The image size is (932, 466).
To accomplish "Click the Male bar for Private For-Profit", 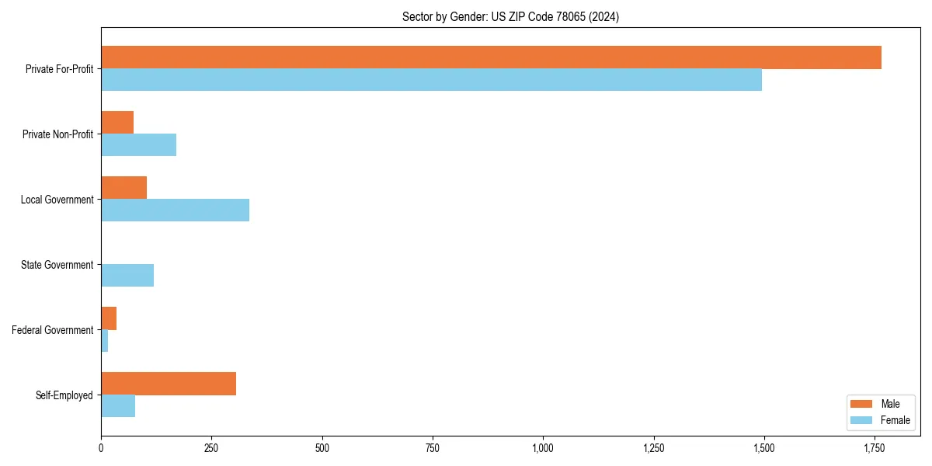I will point(491,57).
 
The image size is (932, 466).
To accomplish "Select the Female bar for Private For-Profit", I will point(431,80).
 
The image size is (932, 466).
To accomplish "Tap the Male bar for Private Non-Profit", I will point(117,123).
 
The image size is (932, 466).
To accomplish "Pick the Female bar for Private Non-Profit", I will point(138,145).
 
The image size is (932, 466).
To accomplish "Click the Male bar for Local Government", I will point(123,188).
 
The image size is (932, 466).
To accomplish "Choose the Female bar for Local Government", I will point(175,210).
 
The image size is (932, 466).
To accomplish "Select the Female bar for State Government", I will point(127,276).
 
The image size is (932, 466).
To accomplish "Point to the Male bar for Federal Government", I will point(109,318).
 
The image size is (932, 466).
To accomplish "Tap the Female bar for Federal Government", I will point(105,341).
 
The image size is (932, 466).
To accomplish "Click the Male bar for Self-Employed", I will point(169,384).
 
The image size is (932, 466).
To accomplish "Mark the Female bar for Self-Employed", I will point(118,406).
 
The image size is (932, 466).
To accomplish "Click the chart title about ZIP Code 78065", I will point(510,16).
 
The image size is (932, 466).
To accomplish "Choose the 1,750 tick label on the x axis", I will point(875,448).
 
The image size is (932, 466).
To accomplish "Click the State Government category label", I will point(57,265).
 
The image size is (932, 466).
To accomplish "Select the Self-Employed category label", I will point(64,395).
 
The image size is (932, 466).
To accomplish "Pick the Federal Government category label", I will point(52,330).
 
